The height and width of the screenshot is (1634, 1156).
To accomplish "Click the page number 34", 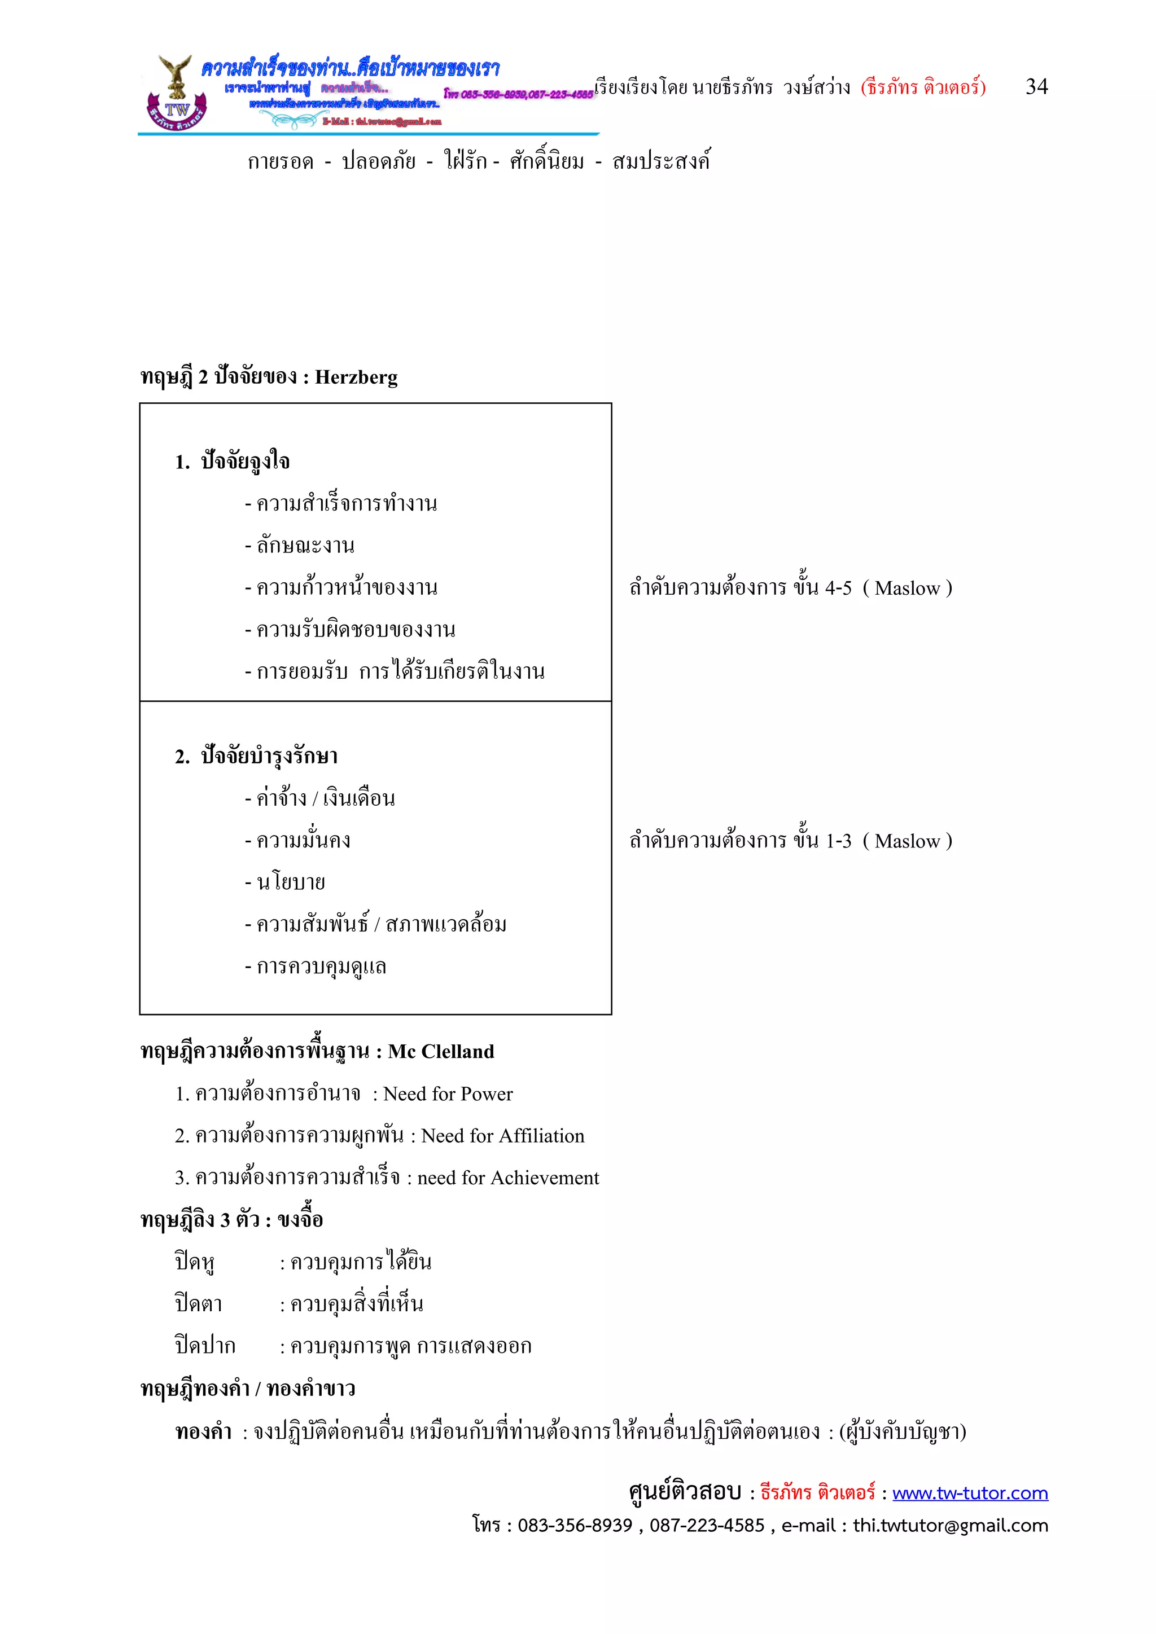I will (1036, 87).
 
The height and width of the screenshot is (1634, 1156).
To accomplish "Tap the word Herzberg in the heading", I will (356, 377).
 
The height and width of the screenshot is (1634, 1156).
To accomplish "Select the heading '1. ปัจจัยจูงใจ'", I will (233, 462).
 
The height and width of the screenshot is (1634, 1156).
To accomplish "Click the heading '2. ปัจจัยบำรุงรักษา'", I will (256, 756).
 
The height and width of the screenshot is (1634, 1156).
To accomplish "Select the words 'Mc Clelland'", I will (441, 1052).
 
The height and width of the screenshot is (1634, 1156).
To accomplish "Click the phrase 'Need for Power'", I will (448, 1094).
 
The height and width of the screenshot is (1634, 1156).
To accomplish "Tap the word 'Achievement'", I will (545, 1178).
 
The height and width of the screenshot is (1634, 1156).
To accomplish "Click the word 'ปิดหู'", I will (194, 1262).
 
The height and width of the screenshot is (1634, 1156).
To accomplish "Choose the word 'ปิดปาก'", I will (205, 1346).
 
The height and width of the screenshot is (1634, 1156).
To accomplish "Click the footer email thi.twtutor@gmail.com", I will (951, 1525).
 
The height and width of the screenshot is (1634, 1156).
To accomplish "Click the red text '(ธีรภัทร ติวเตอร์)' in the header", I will (923, 87).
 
